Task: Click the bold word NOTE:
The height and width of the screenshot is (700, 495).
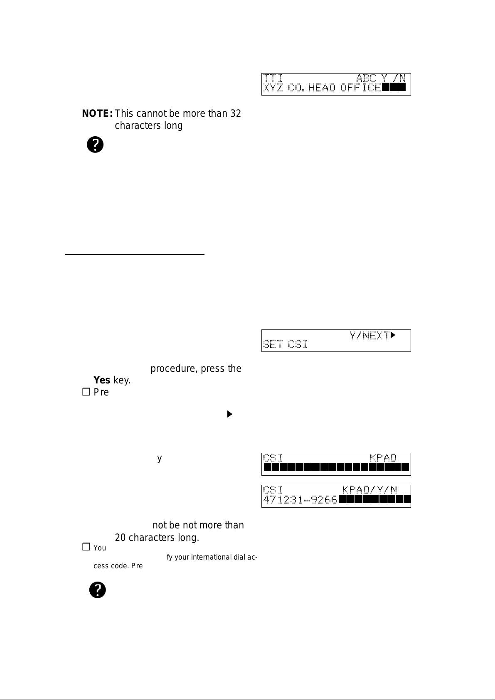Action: click(x=98, y=113)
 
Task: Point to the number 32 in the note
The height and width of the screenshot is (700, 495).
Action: click(x=236, y=113)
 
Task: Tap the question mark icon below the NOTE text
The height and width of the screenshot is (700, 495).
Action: click(x=95, y=145)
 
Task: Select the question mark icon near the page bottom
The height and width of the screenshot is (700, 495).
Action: click(x=98, y=590)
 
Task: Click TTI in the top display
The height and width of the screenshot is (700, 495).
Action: click(x=273, y=78)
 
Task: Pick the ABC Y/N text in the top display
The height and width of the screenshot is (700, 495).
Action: click(x=381, y=78)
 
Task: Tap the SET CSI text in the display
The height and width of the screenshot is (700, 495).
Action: click(x=285, y=344)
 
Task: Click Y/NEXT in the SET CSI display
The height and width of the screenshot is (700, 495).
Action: click(x=369, y=335)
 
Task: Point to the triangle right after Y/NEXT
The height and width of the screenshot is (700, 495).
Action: click(x=393, y=334)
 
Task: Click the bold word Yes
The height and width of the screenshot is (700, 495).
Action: click(x=102, y=380)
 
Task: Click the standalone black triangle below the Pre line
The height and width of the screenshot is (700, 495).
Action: click(x=229, y=414)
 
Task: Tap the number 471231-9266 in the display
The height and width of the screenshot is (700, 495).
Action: click(x=300, y=500)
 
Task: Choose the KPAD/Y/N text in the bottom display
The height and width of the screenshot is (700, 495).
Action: click(x=369, y=490)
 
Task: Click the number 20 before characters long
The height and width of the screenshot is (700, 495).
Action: click(x=120, y=538)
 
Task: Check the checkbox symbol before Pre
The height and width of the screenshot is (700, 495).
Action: click(x=86, y=392)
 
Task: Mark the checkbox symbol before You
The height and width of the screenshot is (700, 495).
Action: click(x=86, y=548)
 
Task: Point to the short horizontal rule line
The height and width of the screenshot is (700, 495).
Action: click(x=135, y=254)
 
